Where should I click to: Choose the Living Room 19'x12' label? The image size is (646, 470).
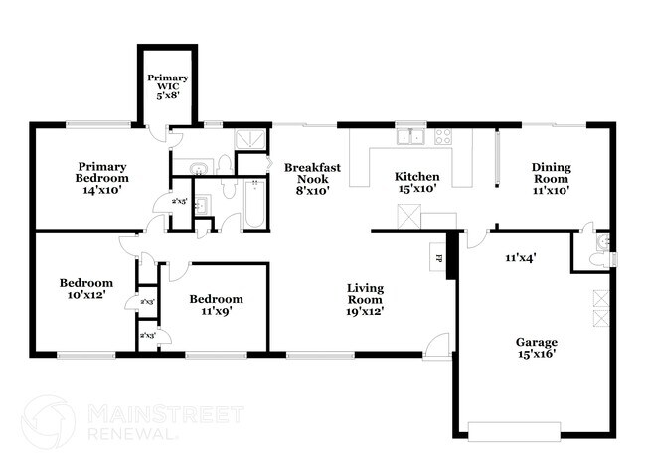pos(365,298)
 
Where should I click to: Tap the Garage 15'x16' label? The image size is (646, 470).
pos(536,347)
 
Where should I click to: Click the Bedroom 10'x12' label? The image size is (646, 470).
pos(83,288)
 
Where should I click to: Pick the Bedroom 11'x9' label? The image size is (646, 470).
pos(216,305)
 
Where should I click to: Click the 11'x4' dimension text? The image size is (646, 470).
pos(521,258)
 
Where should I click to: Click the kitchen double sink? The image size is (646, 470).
pos(409,138)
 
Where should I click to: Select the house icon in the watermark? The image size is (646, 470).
pos(48,421)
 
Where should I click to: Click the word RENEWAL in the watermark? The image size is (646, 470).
pos(134,434)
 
